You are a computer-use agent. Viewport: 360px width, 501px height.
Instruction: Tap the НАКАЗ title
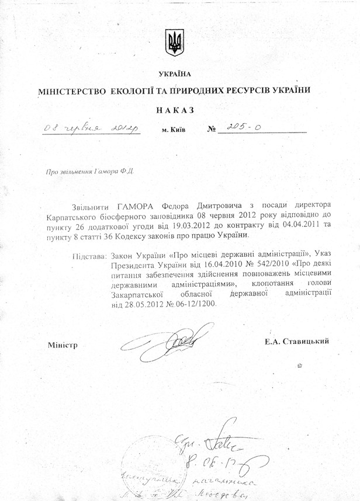(x=175, y=109)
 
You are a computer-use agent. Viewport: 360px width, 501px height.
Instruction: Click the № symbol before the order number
(x=212, y=129)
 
